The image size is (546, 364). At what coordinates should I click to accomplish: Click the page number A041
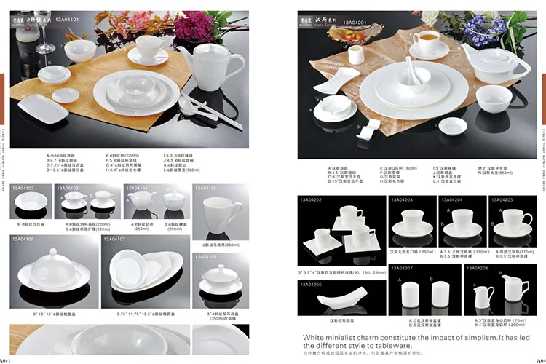coord(6,360)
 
